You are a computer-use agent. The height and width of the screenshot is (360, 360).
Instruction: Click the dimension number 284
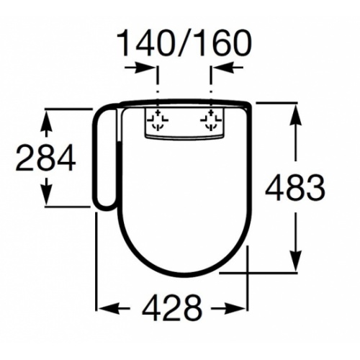45,158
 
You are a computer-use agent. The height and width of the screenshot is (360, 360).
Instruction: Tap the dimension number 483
295,187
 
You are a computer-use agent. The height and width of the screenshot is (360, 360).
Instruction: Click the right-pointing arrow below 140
141,68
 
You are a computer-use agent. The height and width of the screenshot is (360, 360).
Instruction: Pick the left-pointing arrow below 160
228,68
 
